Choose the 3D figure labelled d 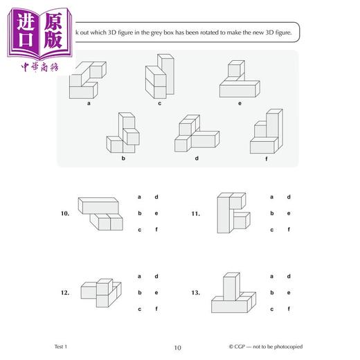tap(196, 134)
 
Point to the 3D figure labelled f tap(267, 133)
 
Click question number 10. tap(65, 214)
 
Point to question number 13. tap(197, 293)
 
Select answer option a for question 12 tap(140, 276)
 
